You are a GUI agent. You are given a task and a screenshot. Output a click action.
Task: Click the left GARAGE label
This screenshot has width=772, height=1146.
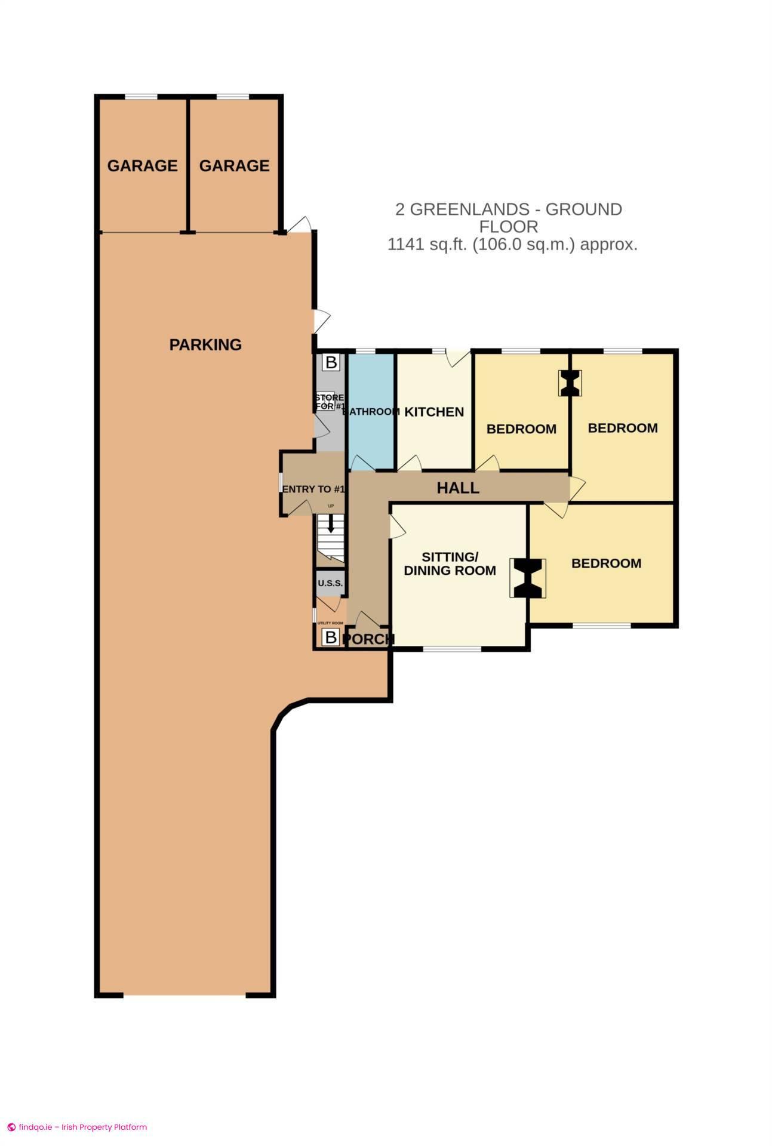pyautogui.click(x=142, y=165)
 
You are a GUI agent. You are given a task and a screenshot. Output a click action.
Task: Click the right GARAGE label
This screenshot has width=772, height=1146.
pyautogui.click(x=234, y=165)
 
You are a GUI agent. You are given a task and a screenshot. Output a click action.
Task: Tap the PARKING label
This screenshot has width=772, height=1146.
pyautogui.click(x=205, y=344)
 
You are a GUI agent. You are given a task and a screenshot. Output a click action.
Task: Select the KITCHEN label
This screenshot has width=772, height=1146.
pyautogui.click(x=434, y=412)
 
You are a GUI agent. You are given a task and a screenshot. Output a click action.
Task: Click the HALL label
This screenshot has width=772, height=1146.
pyautogui.click(x=458, y=488)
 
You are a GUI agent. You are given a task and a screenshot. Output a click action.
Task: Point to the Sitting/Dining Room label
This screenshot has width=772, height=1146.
pyautogui.click(x=450, y=563)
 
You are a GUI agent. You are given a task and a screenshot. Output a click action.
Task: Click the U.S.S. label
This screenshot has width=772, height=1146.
pyautogui.click(x=330, y=583)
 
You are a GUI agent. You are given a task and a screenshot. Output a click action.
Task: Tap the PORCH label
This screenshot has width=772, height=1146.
pyautogui.click(x=369, y=639)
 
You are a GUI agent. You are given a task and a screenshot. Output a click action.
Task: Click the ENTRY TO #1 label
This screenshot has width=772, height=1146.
pyautogui.click(x=313, y=489)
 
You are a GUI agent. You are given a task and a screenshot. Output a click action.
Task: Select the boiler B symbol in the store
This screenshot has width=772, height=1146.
pyautogui.click(x=330, y=362)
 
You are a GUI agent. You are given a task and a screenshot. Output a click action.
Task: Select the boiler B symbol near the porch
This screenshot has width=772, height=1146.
pyautogui.click(x=330, y=637)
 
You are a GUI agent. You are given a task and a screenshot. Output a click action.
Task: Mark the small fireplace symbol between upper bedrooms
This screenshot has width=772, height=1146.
pyautogui.click(x=570, y=383)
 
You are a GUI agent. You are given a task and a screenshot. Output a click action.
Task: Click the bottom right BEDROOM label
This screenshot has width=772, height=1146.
pyautogui.click(x=606, y=563)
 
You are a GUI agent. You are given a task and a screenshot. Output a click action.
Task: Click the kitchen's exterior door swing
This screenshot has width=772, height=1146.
pyautogui.click(x=458, y=358)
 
